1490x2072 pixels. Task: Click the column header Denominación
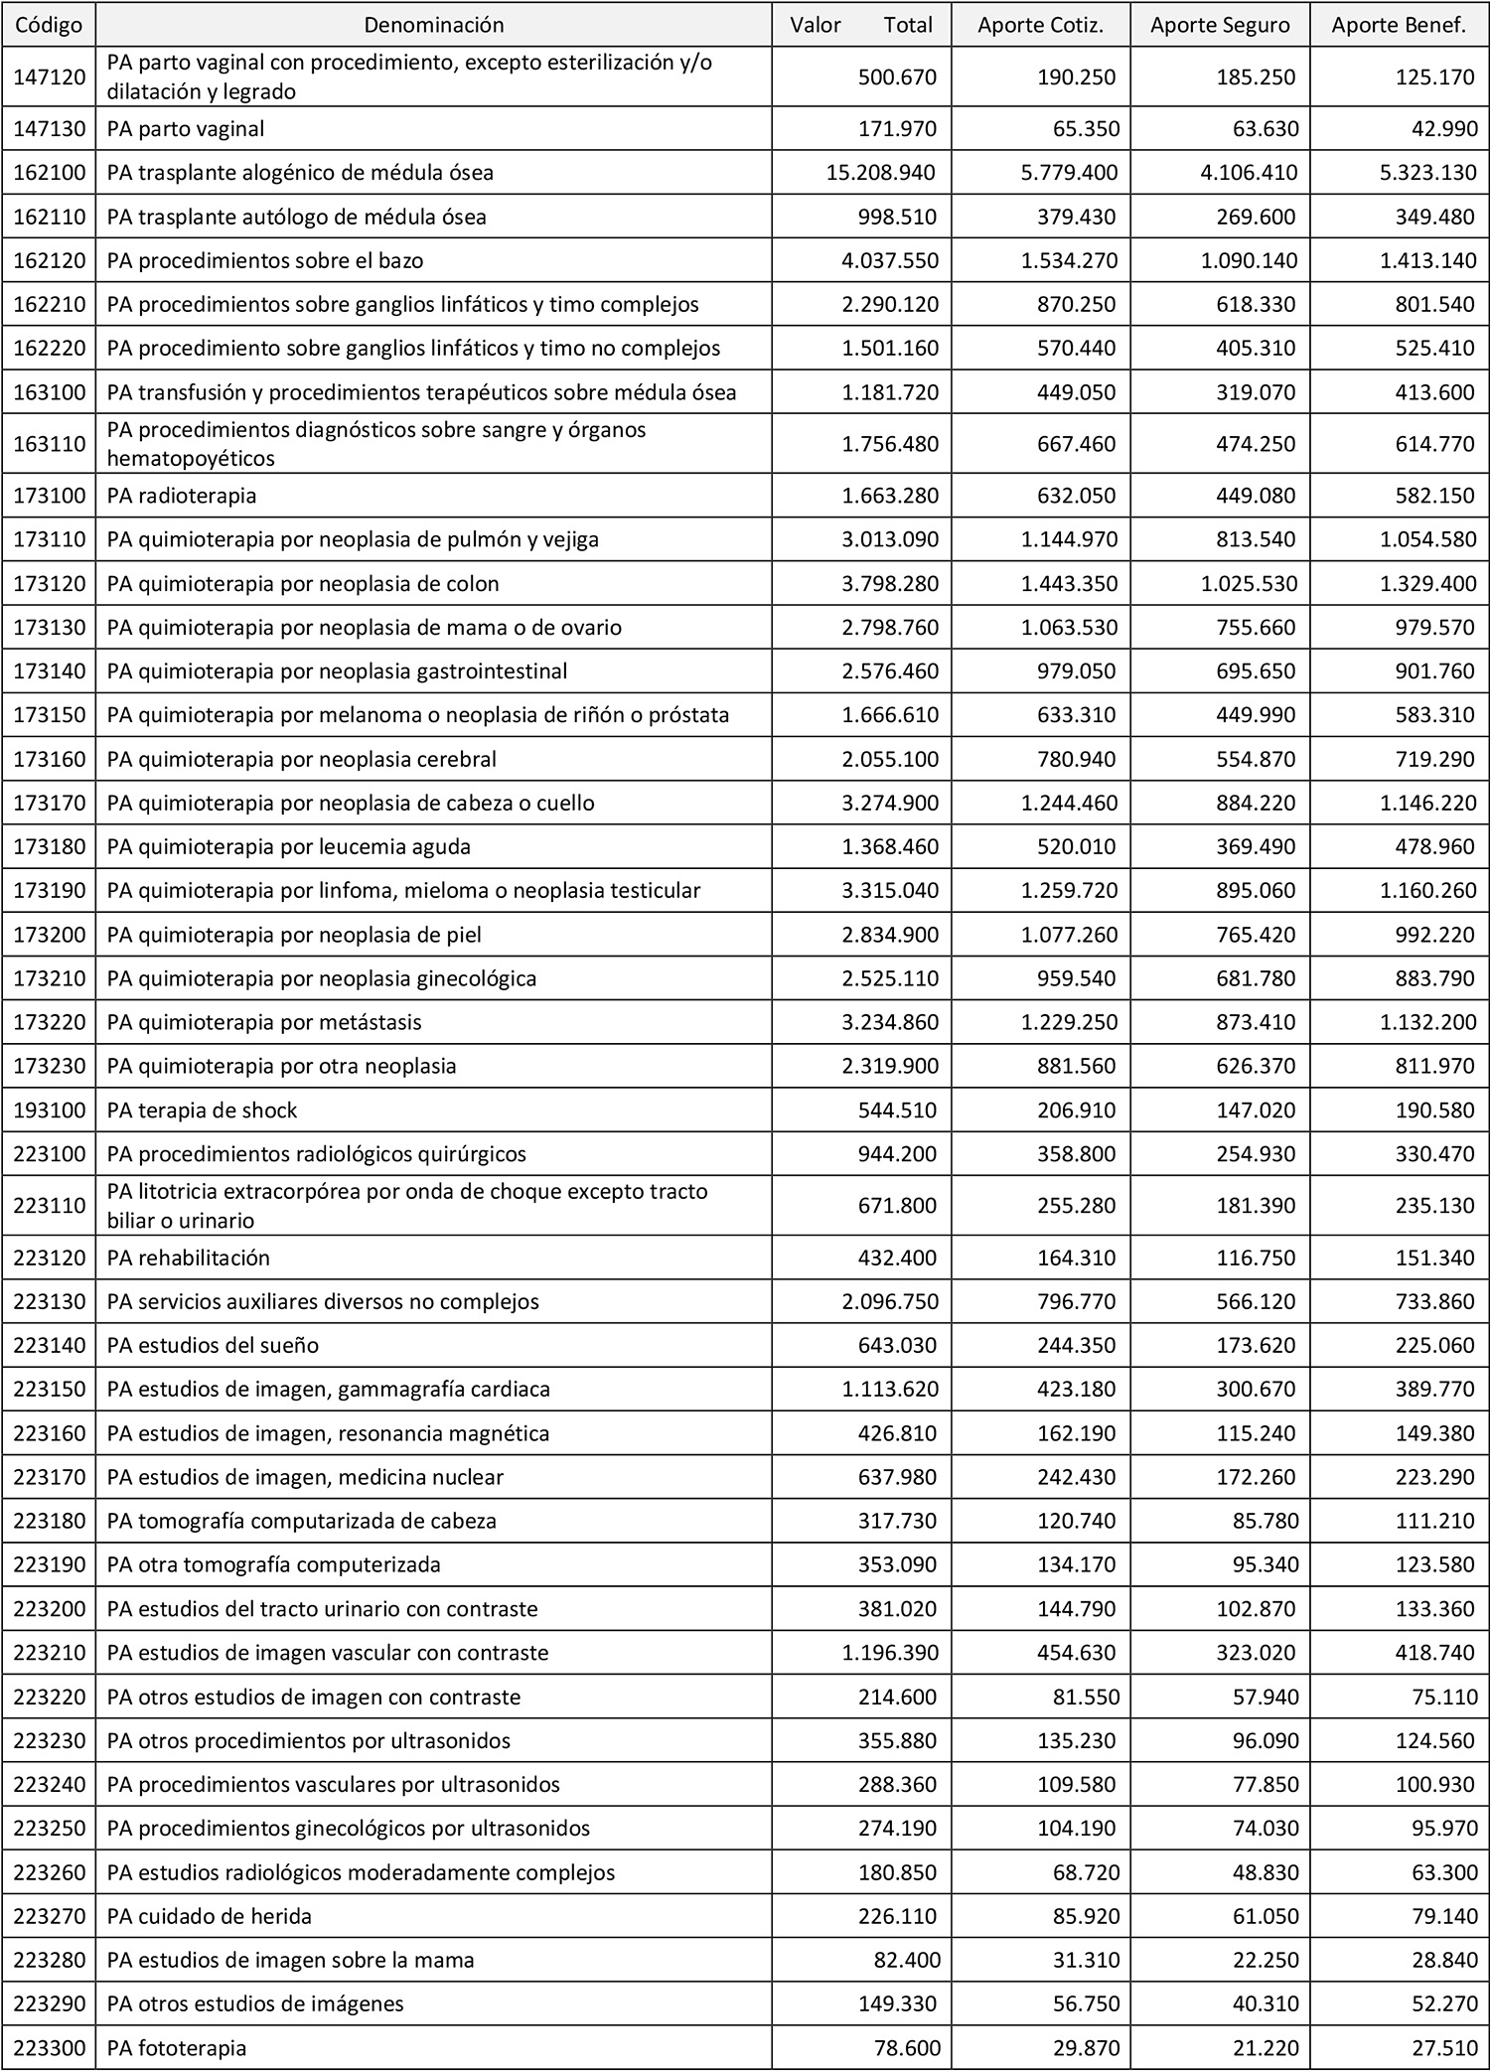(434, 25)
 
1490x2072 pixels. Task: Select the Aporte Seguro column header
(1220, 25)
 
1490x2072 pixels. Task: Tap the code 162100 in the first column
(49, 173)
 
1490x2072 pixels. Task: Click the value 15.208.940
(880, 173)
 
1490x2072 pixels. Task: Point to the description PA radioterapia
(182, 496)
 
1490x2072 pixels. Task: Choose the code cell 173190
(49, 891)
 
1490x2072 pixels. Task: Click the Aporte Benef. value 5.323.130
(1426, 173)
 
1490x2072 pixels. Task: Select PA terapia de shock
(202, 1110)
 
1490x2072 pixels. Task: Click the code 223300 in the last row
(49, 2048)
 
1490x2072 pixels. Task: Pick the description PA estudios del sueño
(213, 1346)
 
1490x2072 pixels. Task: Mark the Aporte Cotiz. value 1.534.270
(1069, 261)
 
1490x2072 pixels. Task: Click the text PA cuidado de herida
(209, 1916)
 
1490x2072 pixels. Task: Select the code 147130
(49, 129)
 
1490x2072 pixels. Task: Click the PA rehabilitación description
(189, 1258)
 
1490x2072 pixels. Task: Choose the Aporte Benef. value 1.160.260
(1427, 891)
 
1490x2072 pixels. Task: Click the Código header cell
(49, 25)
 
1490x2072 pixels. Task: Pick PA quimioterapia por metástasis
(264, 1022)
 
